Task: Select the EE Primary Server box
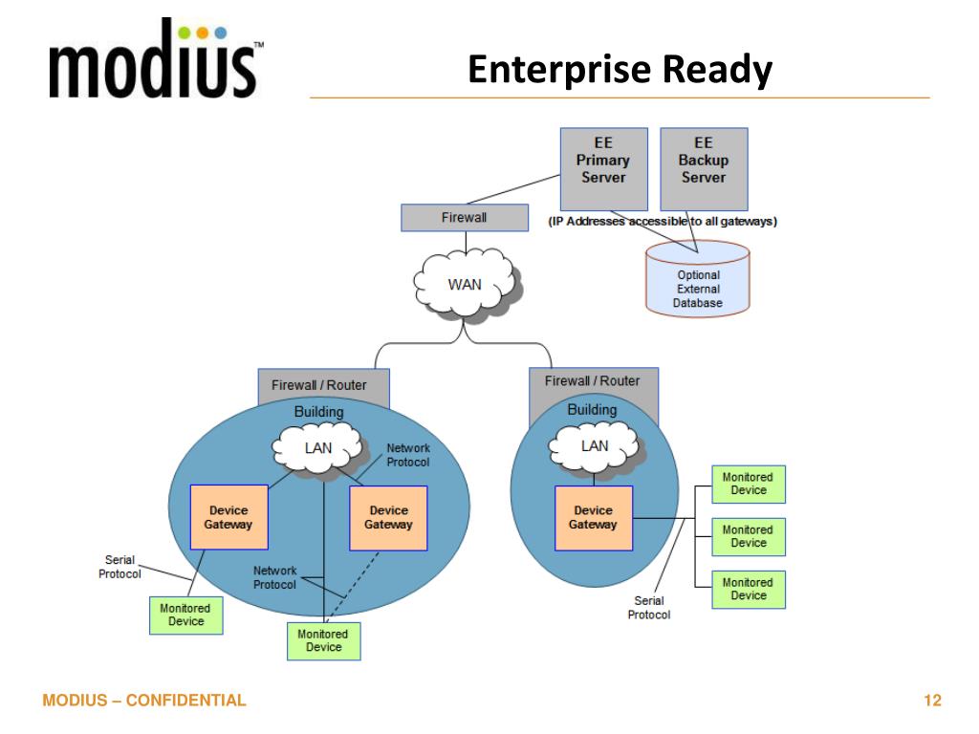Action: [x=602, y=169]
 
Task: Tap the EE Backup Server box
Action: [x=704, y=169]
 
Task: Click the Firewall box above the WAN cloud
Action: [x=464, y=218]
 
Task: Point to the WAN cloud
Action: [x=467, y=284]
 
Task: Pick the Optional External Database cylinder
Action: [x=698, y=279]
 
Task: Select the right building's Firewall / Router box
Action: [x=593, y=381]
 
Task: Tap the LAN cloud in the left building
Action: [x=319, y=446]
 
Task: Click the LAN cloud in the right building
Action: [x=594, y=445]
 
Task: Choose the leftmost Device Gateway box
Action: [x=228, y=517]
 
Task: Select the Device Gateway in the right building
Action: [x=593, y=517]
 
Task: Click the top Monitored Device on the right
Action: [x=748, y=484]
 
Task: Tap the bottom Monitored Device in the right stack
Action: [x=748, y=589]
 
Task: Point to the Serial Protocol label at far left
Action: [x=120, y=567]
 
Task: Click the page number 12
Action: [x=932, y=701]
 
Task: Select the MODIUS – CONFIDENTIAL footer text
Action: [x=144, y=701]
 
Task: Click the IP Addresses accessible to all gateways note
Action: [x=663, y=222]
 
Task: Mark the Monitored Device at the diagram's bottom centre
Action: [x=324, y=640]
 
